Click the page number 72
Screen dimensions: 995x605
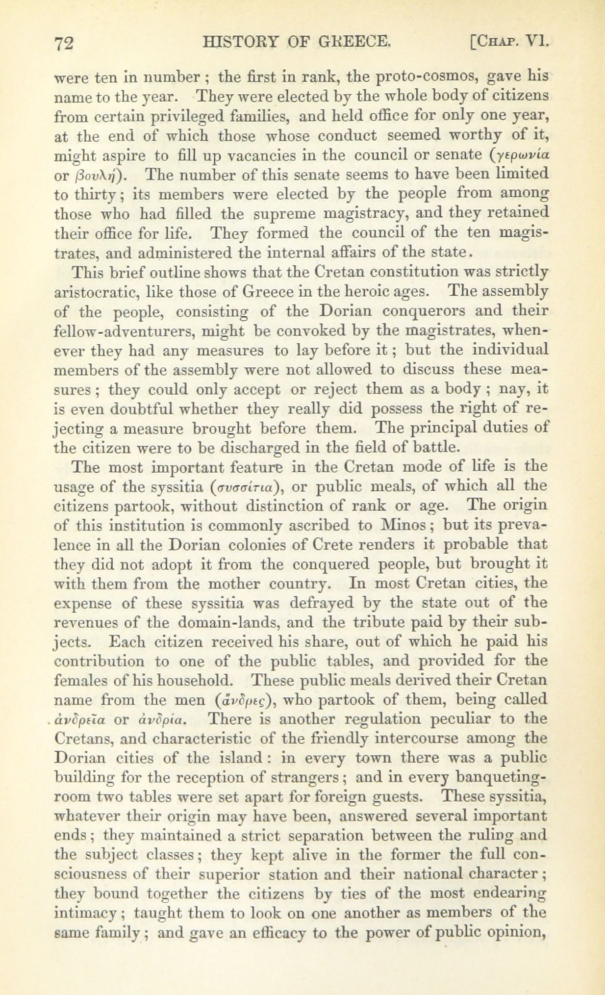tap(64, 44)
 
